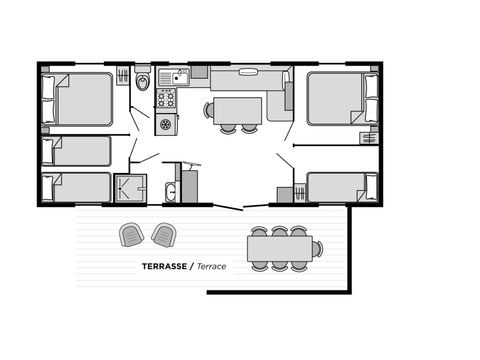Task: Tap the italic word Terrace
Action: pos(211,268)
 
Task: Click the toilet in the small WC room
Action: pos(142,80)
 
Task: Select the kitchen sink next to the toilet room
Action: pos(172,77)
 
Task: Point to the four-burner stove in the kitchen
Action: pos(166,99)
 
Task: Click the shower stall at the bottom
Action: pos(129,187)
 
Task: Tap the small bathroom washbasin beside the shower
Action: pos(170,192)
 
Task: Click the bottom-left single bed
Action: pos(77,187)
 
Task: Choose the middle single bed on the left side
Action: pos(77,151)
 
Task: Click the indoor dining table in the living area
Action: pos(237,109)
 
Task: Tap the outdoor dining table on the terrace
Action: pos(280,248)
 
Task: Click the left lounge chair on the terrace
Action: pos(132,235)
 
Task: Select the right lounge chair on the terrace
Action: pos(162,235)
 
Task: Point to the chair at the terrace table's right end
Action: pos(318,248)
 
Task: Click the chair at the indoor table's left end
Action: pos(209,110)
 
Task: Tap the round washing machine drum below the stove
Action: pos(166,124)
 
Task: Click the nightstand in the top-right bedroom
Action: pos(369,137)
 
